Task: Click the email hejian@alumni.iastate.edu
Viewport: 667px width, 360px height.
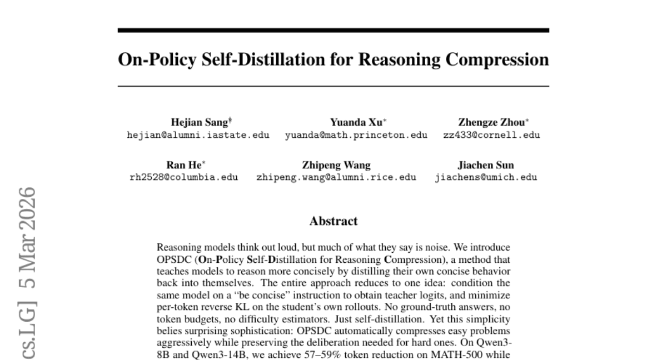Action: [x=198, y=135]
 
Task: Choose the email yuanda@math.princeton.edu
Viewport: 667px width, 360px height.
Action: [x=356, y=135]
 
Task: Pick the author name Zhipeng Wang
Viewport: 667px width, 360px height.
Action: [x=336, y=166]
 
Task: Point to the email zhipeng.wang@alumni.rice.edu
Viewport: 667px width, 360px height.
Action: [x=336, y=177]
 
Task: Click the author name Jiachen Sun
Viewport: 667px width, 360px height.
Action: [x=486, y=166]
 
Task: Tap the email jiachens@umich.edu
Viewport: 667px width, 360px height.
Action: [x=486, y=177]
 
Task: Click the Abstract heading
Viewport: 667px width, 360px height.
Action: [x=333, y=221]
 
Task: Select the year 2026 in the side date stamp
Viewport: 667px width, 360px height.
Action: [x=26, y=203]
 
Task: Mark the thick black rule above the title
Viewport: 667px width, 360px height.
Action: [x=333, y=30]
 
